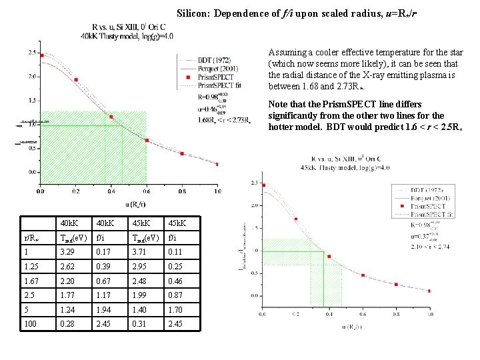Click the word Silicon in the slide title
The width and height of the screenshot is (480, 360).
tap(191, 13)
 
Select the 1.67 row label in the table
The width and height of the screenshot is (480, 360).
tap(31, 281)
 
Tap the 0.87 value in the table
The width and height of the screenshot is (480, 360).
tap(174, 295)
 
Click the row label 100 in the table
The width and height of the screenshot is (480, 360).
tap(30, 325)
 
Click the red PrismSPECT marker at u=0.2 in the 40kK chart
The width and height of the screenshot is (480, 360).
tap(76, 79)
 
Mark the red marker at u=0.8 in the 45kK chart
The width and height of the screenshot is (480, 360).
tap(395, 284)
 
